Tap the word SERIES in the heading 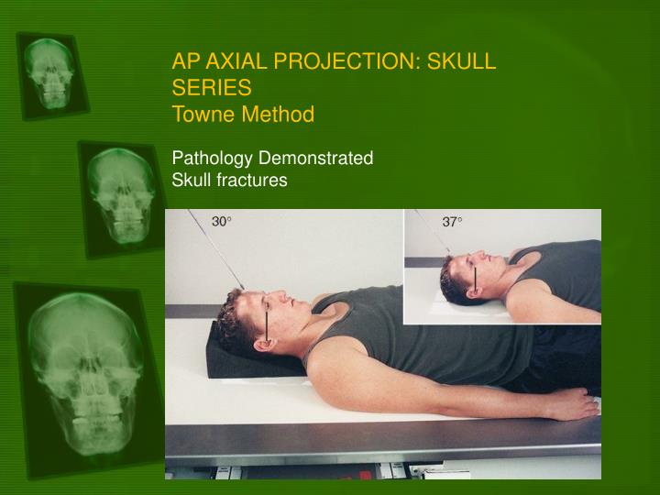tap(212, 88)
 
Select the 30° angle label tap(223, 222)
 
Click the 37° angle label tap(453, 222)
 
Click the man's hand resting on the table tap(573, 403)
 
